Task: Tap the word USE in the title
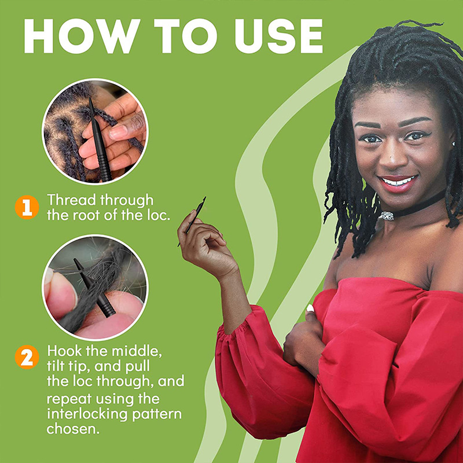point(279,36)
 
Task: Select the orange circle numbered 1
point(27,207)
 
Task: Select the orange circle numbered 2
point(27,357)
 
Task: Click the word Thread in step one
point(71,200)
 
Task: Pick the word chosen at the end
point(74,429)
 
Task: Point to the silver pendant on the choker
point(387,216)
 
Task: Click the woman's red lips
point(398,183)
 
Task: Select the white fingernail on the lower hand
point(310,308)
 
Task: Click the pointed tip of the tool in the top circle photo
point(90,98)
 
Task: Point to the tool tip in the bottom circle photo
point(75,260)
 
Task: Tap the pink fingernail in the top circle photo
point(119,133)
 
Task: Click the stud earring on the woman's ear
point(453,144)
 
